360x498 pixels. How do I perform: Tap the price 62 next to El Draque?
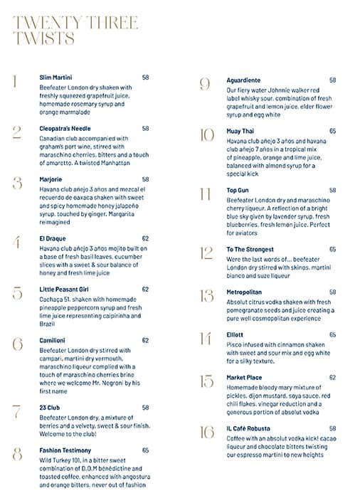click(x=145, y=239)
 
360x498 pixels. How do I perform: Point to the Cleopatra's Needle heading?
click(x=64, y=129)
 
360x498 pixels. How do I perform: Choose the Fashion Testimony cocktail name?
click(x=65, y=450)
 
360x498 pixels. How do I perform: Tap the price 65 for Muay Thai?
click(x=332, y=132)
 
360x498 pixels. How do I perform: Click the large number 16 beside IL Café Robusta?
click(x=206, y=432)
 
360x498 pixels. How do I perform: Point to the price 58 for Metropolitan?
click(x=332, y=292)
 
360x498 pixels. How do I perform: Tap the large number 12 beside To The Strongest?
click(x=206, y=253)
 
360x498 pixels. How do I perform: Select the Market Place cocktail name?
click(x=245, y=377)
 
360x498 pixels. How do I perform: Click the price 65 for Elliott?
click(x=332, y=334)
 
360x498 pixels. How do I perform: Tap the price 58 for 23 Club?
click(x=145, y=408)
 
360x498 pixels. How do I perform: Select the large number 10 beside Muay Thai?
click(x=206, y=135)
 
